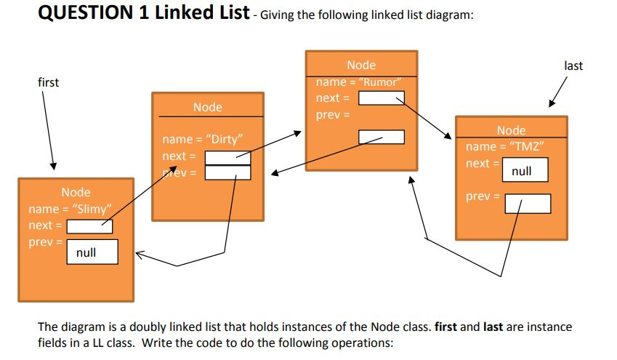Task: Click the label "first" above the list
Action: tap(48, 82)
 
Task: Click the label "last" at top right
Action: tap(573, 65)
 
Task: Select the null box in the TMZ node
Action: tap(522, 171)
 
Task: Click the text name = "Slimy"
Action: tap(69, 209)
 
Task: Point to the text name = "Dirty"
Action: tap(202, 139)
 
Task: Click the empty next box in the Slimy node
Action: tap(89, 226)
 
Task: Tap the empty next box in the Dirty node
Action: tap(227, 157)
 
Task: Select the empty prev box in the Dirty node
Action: tap(227, 172)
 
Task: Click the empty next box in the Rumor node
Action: tap(382, 98)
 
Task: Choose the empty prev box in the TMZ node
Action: tap(528, 203)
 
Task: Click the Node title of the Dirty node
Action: tap(208, 107)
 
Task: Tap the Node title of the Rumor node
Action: tap(361, 65)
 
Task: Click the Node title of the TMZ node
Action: tap(511, 130)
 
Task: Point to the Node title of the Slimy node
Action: tap(76, 192)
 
